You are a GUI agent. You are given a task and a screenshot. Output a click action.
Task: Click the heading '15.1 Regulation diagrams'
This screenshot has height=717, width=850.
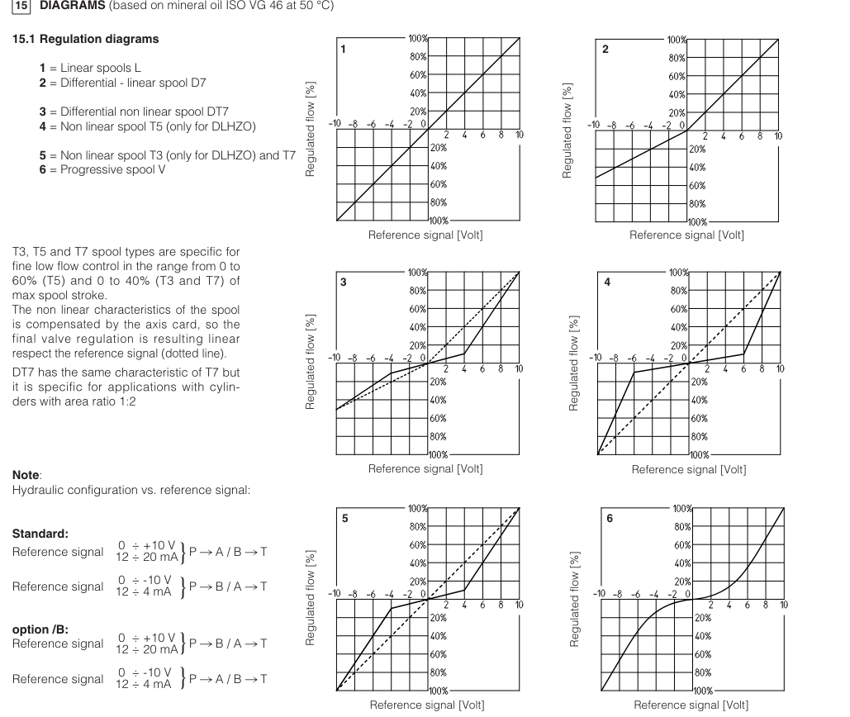tap(86, 40)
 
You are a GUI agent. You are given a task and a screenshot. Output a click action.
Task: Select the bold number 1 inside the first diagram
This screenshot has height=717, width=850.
tap(344, 50)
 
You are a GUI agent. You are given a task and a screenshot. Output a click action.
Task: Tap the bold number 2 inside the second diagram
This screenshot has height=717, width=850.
tap(605, 50)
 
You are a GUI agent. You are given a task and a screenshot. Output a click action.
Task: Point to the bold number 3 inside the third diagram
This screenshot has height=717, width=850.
tap(344, 283)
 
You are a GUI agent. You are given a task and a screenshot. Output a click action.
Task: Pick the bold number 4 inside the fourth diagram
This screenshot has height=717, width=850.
tap(607, 283)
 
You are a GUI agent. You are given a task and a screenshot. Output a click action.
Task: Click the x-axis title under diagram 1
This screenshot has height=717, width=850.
tap(425, 235)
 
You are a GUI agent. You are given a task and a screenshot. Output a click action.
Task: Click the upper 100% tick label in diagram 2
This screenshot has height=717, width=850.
tap(678, 40)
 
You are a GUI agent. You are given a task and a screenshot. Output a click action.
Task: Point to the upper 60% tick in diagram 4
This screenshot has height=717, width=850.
tap(678, 309)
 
